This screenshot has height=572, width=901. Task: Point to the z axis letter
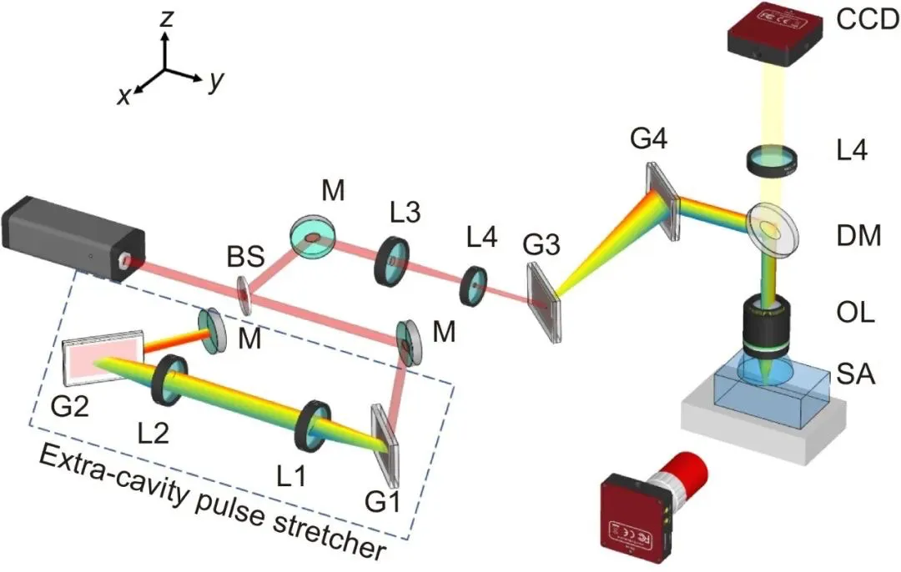pyautogui.click(x=167, y=18)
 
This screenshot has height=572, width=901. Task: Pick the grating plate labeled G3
pyautogui.click(x=544, y=302)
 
